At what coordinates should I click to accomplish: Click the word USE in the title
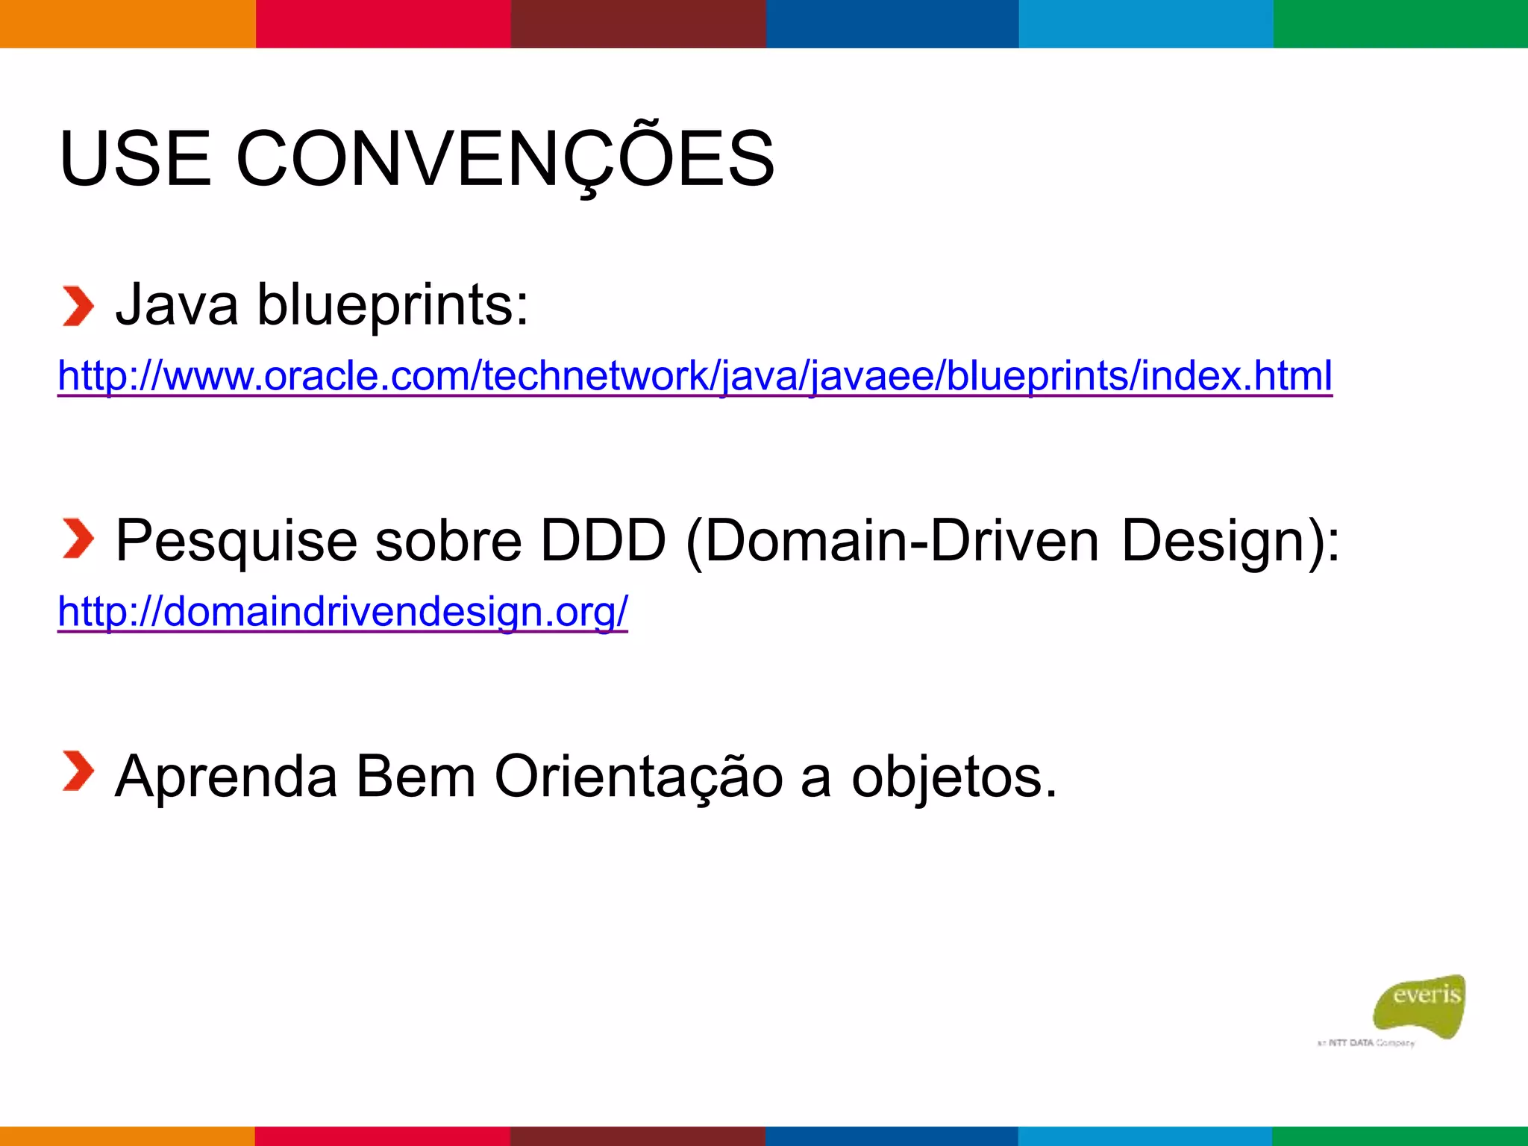coord(135,159)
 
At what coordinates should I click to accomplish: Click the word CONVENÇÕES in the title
coord(505,159)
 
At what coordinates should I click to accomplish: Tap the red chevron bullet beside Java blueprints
coord(78,306)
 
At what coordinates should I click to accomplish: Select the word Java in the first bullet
coord(177,305)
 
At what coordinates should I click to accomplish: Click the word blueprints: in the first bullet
coord(392,307)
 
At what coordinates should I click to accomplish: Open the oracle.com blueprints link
coord(695,375)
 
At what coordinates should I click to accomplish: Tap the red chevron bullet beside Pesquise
coord(78,539)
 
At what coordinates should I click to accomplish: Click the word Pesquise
coord(236,540)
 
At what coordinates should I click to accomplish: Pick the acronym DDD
coord(602,540)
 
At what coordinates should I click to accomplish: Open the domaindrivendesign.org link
coord(342,611)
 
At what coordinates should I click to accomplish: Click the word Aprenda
coord(226,777)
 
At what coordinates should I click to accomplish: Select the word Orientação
coord(639,777)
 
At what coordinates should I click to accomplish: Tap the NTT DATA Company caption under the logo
coord(1366,1042)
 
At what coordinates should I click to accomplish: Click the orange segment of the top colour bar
coord(127,23)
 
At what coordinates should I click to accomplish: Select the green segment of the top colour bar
coord(1400,23)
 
